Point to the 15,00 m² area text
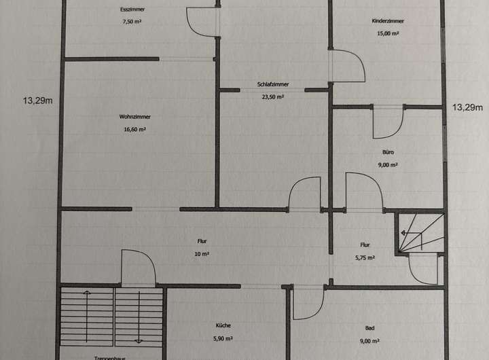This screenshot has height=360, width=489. tap(388, 33)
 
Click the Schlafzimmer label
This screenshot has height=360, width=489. tap(273, 85)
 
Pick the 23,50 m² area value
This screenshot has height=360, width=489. tap(273, 96)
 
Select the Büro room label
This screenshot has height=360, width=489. tap(388, 153)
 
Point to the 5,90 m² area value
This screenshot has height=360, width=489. tap(224, 338)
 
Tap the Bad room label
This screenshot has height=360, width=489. tap(370, 328)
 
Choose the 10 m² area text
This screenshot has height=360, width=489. tap(202, 254)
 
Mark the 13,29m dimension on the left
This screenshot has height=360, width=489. tap(38, 101)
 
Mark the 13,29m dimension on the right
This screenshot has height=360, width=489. tap(467, 107)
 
